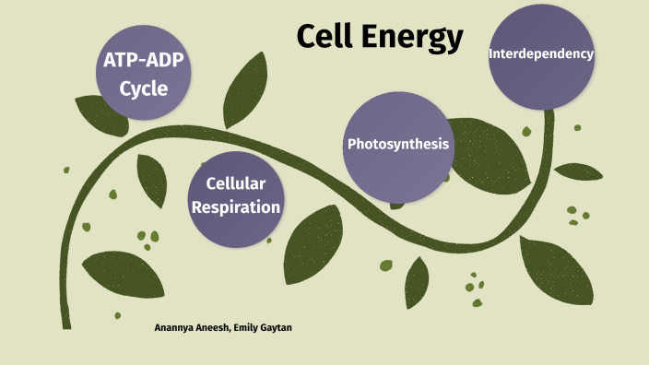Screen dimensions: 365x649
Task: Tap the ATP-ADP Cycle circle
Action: click(x=144, y=77)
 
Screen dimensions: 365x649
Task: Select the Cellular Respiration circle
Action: click(x=242, y=195)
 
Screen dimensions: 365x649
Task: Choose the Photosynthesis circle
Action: click(x=398, y=145)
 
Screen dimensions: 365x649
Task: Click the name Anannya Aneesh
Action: click(x=192, y=328)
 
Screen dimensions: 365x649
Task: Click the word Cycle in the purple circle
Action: click(x=144, y=89)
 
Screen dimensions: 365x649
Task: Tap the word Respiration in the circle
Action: click(x=242, y=207)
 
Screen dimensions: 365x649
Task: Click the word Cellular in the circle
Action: click(x=242, y=184)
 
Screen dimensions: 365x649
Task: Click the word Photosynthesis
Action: click(x=398, y=145)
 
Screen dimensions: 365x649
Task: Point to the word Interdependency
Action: click(x=541, y=53)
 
